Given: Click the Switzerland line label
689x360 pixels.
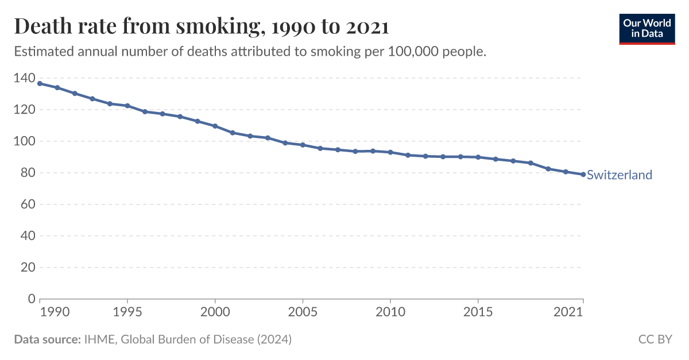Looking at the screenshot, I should click(x=620, y=175).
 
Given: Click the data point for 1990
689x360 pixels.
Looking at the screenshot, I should click(x=40, y=84).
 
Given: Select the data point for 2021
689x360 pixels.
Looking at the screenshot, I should click(x=583, y=175).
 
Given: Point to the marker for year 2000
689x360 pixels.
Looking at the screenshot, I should click(x=215, y=126).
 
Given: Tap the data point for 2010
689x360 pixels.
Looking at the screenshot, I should click(x=390, y=152).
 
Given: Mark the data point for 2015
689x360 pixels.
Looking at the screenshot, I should click(x=478, y=157).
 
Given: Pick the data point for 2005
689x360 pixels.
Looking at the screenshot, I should click(x=303, y=145).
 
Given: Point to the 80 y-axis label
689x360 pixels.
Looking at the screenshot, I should click(x=28, y=173).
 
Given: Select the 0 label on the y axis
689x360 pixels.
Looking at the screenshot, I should click(x=32, y=299).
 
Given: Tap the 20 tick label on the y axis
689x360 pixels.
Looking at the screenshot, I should click(x=28, y=268).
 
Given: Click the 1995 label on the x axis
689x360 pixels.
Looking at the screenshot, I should click(x=127, y=312).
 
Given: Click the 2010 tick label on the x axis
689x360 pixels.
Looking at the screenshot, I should click(x=390, y=312).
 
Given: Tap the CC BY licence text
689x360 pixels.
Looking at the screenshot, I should click(x=655, y=339).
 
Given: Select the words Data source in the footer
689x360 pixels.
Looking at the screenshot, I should click(x=47, y=339).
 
